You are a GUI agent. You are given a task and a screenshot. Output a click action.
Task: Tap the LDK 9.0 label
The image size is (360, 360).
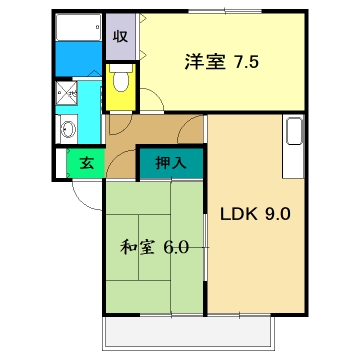click(255, 212)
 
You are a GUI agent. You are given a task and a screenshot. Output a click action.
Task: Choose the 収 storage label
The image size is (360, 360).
click(119, 36)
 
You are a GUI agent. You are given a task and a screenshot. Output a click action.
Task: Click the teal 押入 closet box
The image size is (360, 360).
click(171, 160)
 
